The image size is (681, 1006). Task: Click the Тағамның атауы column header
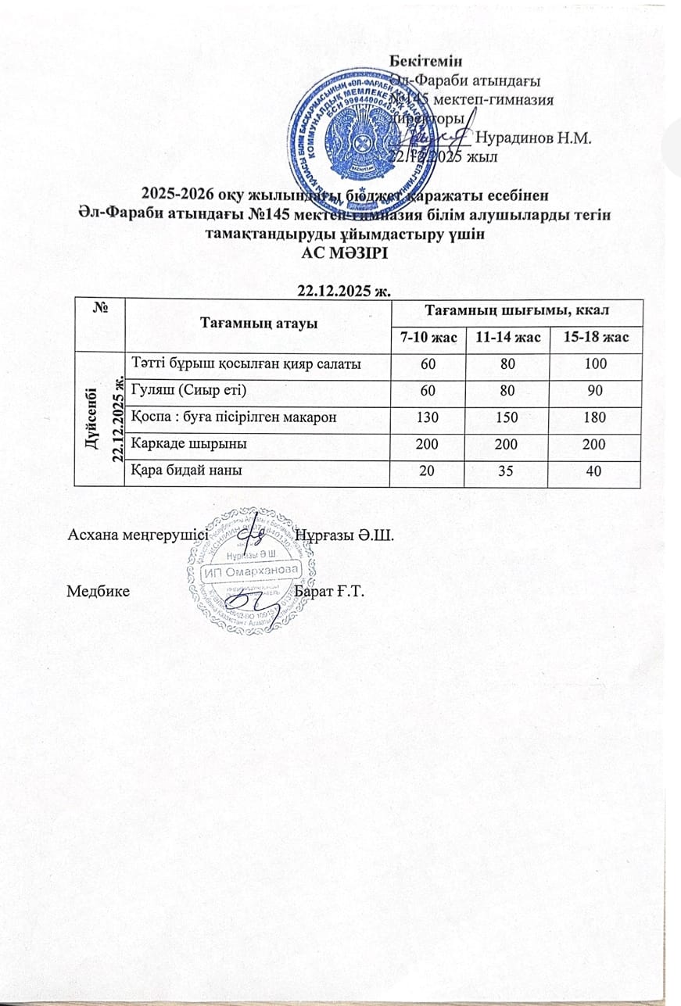tap(257, 323)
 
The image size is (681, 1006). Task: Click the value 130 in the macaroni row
tap(426, 417)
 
